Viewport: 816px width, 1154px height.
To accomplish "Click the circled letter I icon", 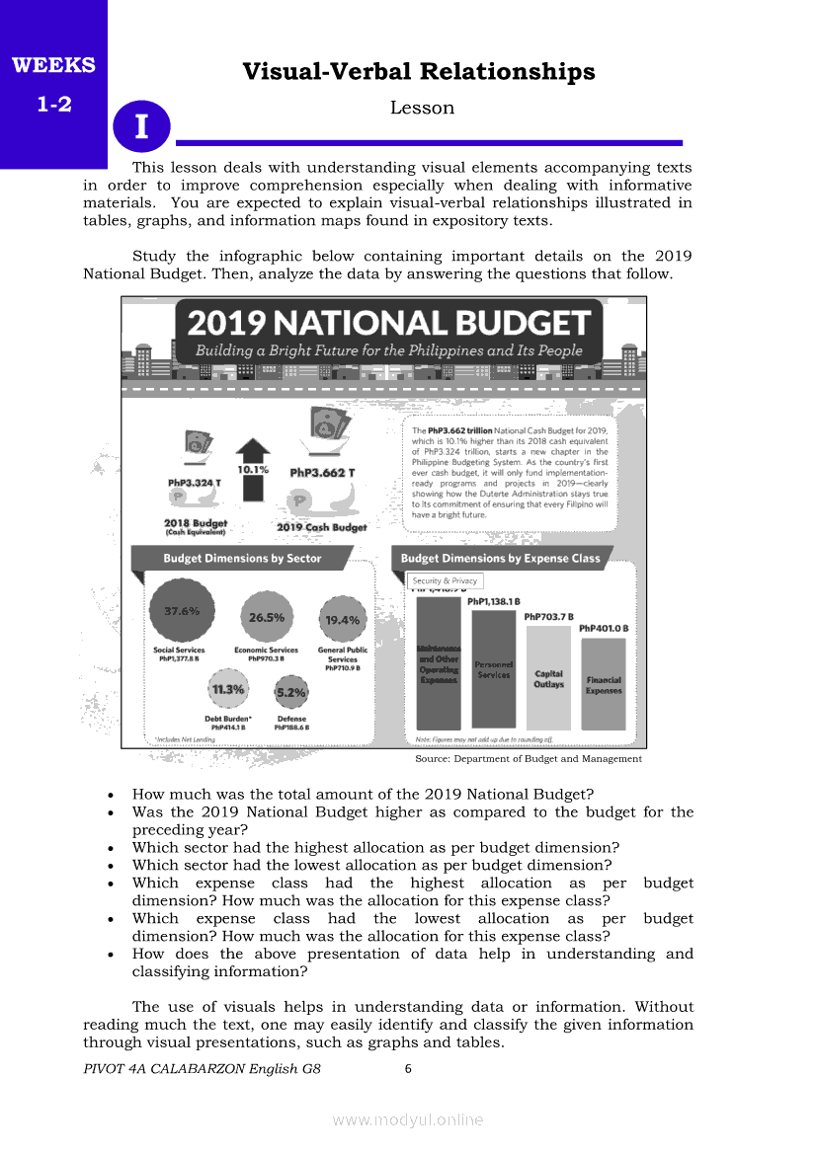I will pyautogui.click(x=142, y=126).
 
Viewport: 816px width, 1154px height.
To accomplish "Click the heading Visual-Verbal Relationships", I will pyautogui.click(x=419, y=72).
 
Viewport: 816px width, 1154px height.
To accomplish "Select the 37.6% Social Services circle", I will pyautogui.click(x=182, y=611).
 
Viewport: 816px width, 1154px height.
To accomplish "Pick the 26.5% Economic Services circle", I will pyautogui.click(x=267, y=617).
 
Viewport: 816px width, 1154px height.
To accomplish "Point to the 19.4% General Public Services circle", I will pyautogui.click(x=342, y=620).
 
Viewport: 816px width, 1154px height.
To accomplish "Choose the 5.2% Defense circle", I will pyautogui.click(x=291, y=692).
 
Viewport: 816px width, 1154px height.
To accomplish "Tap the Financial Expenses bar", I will pyautogui.click(x=604, y=684).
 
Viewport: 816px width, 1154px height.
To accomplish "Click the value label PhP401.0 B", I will pyautogui.click(x=604, y=628).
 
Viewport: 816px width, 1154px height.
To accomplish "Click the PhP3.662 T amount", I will pyautogui.click(x=322, y=473).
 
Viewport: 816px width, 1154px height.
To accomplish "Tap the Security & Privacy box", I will pyautogui.click(x=445, y=581).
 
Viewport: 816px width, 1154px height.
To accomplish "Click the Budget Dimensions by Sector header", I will pyautogui.click(x=242, y=559).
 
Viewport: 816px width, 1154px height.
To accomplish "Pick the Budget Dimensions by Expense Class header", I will pyautogui.click(x=500, y=559).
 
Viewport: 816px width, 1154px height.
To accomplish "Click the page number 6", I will pyautogui.click(x=408, y=1068).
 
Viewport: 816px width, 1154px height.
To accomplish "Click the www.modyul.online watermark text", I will pyautogui.click(x=408, y=1119).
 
